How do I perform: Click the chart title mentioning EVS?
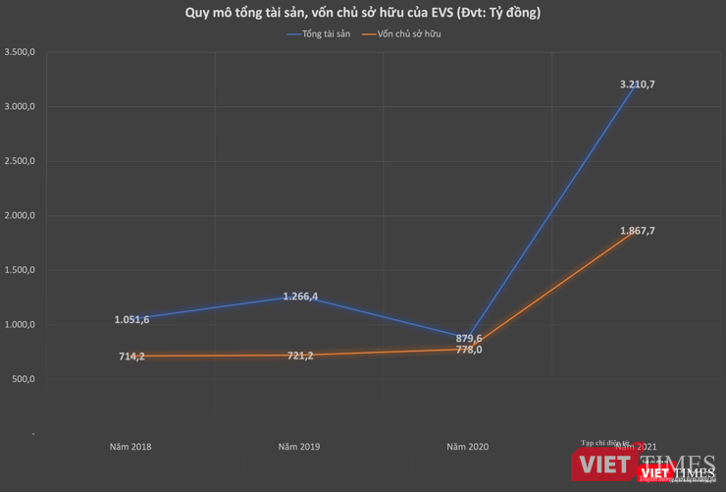click(x=363, y=13)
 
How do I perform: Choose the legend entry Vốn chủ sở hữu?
click(x=407, y=34)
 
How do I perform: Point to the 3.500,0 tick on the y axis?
click(x=20, y=52)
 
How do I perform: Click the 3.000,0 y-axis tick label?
click(x=20, y=106)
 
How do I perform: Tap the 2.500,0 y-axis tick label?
click(x=20, y=161)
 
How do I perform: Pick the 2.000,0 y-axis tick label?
click(x=20, y=215)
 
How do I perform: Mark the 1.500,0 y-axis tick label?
click(x=20, y=270)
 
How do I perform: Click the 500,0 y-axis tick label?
click(x=23, y=379)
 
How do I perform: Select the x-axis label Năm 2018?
click(x=130, y=447)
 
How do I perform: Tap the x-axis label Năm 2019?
click(x=299, y=447)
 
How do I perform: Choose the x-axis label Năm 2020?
click(x=468, y=447)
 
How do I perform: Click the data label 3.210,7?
click(x=637, y=84)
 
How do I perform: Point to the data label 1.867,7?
click(x=637, y=231)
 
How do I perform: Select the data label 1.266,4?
click(x=299, y=296)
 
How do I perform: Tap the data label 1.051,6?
click(x=130, y=319)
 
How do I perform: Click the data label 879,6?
click(x=468, y=338)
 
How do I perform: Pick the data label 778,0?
click(x=468, y=350)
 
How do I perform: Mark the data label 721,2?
click(x=299, y=356)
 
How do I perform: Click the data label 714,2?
click(x=130, y=356)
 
